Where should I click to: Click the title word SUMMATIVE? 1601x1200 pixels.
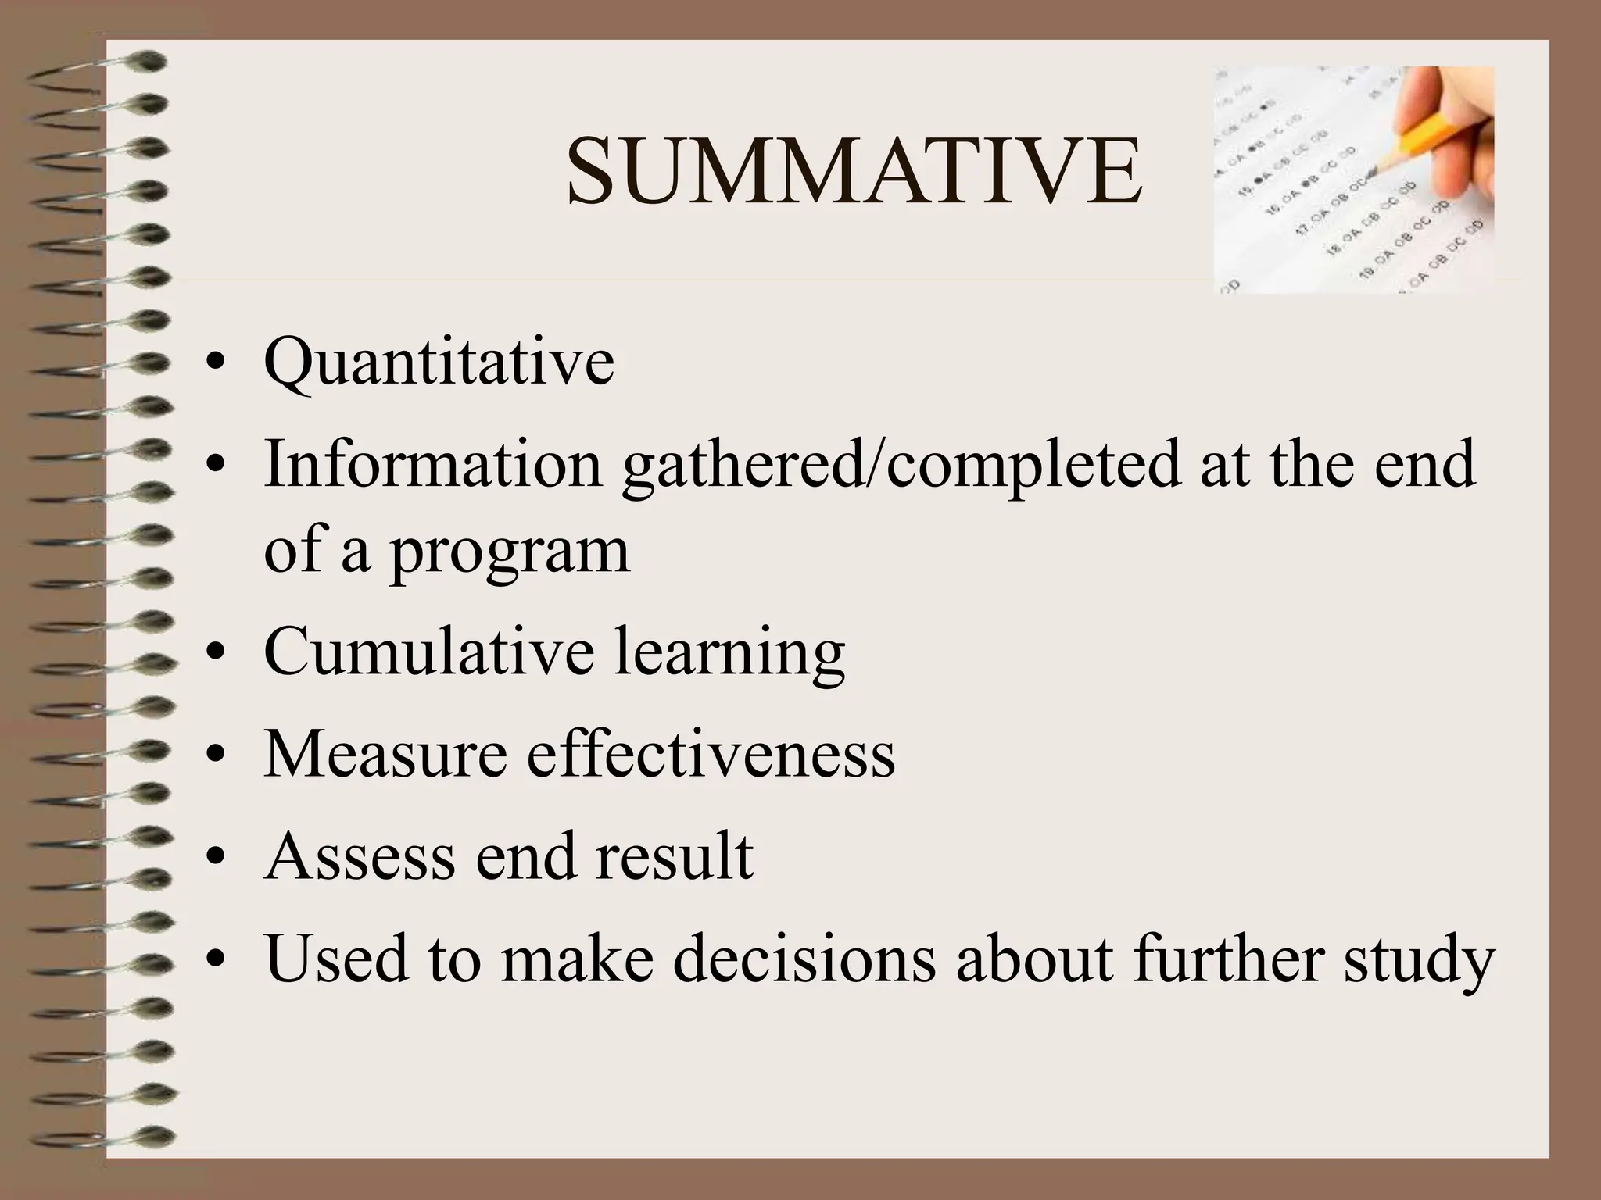[x=854, y=172]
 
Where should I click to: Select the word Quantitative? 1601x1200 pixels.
[x=439, y=362]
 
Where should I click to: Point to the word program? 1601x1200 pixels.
[x=510, y=552]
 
